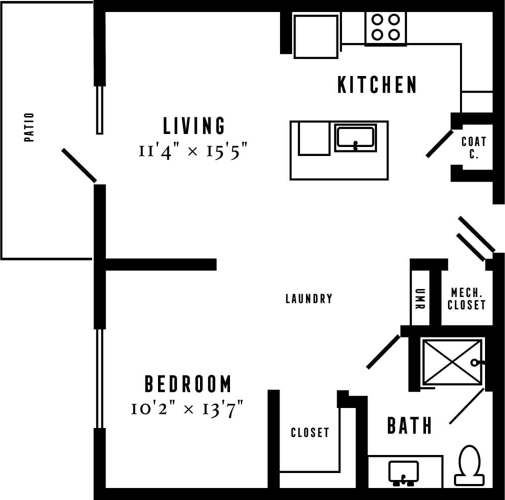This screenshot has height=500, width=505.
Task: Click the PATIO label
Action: click(x=29, y=127)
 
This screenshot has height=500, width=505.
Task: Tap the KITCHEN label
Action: click(x=377, y=85)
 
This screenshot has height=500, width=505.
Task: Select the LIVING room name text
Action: click(x=194, y=125)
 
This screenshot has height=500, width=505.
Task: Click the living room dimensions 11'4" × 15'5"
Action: click(x=193, y=151)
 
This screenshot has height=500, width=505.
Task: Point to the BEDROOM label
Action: click(x=188, y=384)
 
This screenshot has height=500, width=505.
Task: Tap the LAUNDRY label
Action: click(x=308, y=299)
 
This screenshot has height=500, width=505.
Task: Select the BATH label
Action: click(x=409, y=426)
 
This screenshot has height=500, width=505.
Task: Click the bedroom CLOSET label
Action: click(x=310, y=432)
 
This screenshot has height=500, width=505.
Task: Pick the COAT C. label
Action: click(x=473, y=148)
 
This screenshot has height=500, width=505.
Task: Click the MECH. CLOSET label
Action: click(x=466, y=298)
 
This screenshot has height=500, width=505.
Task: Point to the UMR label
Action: click(x=419, y=299)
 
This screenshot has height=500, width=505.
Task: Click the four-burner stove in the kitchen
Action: click(x=385, y=27)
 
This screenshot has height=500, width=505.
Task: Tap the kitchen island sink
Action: click(x=355, y=137)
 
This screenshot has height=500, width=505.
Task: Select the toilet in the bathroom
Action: click(x=469, y=465)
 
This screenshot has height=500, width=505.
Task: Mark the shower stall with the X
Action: click(x=451, y=362)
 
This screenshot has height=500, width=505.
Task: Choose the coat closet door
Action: click(x=439, y=143)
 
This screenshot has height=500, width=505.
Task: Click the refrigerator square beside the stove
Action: click(x=315, y=35)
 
